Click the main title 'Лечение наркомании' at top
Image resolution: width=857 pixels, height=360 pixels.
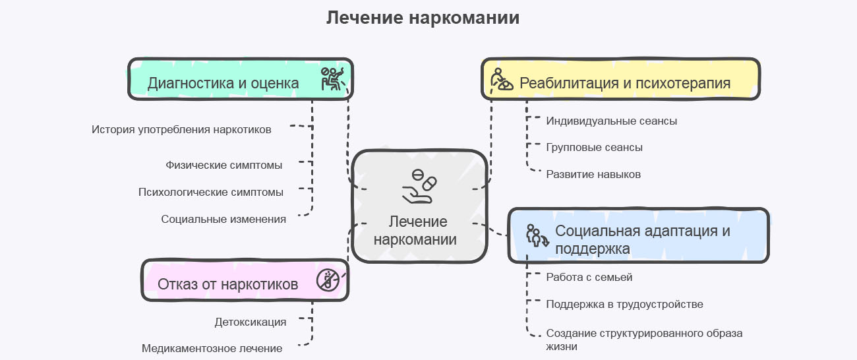[x=423, y=18]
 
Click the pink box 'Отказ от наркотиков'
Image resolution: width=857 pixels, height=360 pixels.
[x=227, y=284]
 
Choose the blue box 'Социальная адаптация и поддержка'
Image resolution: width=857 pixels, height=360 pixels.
[x=643, y=239]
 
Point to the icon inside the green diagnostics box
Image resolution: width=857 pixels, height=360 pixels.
[x=332, y=78]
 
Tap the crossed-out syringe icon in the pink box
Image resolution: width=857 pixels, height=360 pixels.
[x=328, y=280]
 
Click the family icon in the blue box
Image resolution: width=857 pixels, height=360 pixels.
[x=537, y=235]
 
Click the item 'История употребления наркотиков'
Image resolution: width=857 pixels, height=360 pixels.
[x=181, y=129]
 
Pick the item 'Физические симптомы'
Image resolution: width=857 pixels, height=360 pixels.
[x=224, y=165]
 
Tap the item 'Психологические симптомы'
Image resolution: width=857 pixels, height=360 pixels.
[x=211, y=192]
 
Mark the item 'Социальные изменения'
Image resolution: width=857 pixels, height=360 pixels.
[x=223, y=219]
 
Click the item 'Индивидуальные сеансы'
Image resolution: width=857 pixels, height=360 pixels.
[x=611, y=121]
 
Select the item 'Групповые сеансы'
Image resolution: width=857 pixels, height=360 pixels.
[x=594, y=147]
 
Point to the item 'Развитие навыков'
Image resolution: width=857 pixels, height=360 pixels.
[x=593, y=174]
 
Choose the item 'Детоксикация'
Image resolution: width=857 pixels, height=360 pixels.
[x=251, y=322]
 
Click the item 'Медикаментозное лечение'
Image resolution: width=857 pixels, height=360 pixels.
[x=212, y=348]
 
